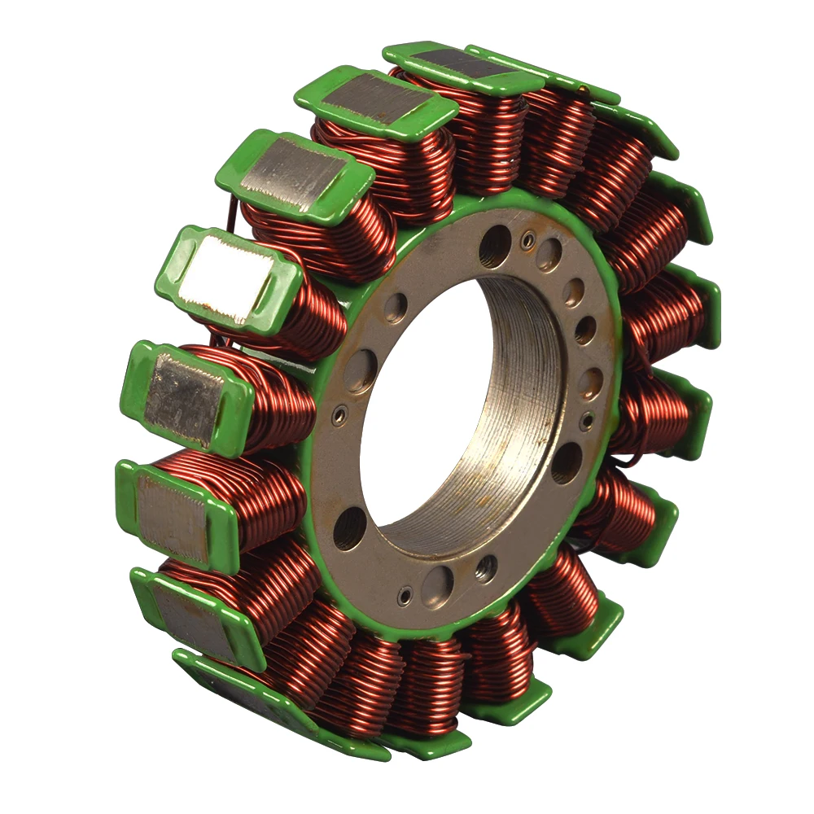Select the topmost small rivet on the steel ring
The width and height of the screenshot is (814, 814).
pos(528,240)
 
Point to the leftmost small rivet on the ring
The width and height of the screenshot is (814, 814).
pos(339,414)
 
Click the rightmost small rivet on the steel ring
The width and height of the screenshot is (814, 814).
pos(585,420)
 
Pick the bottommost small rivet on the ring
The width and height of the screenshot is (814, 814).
pos(405,597)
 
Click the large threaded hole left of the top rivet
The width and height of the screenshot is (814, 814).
pos(495,246)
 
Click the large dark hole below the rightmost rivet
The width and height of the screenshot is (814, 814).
pos(567,463)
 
